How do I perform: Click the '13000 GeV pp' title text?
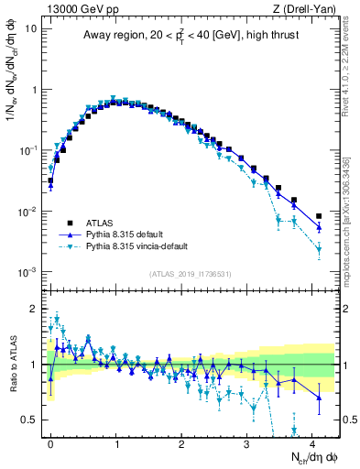[x=78, y=8]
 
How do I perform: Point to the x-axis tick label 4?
[x=312, y=443]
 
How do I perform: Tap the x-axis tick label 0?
[x=50, y=443]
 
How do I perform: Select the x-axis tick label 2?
[x=181, y=443]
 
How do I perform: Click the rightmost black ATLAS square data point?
[x=318, y=216]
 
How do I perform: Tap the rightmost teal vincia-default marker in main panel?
[x=318, y=249]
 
